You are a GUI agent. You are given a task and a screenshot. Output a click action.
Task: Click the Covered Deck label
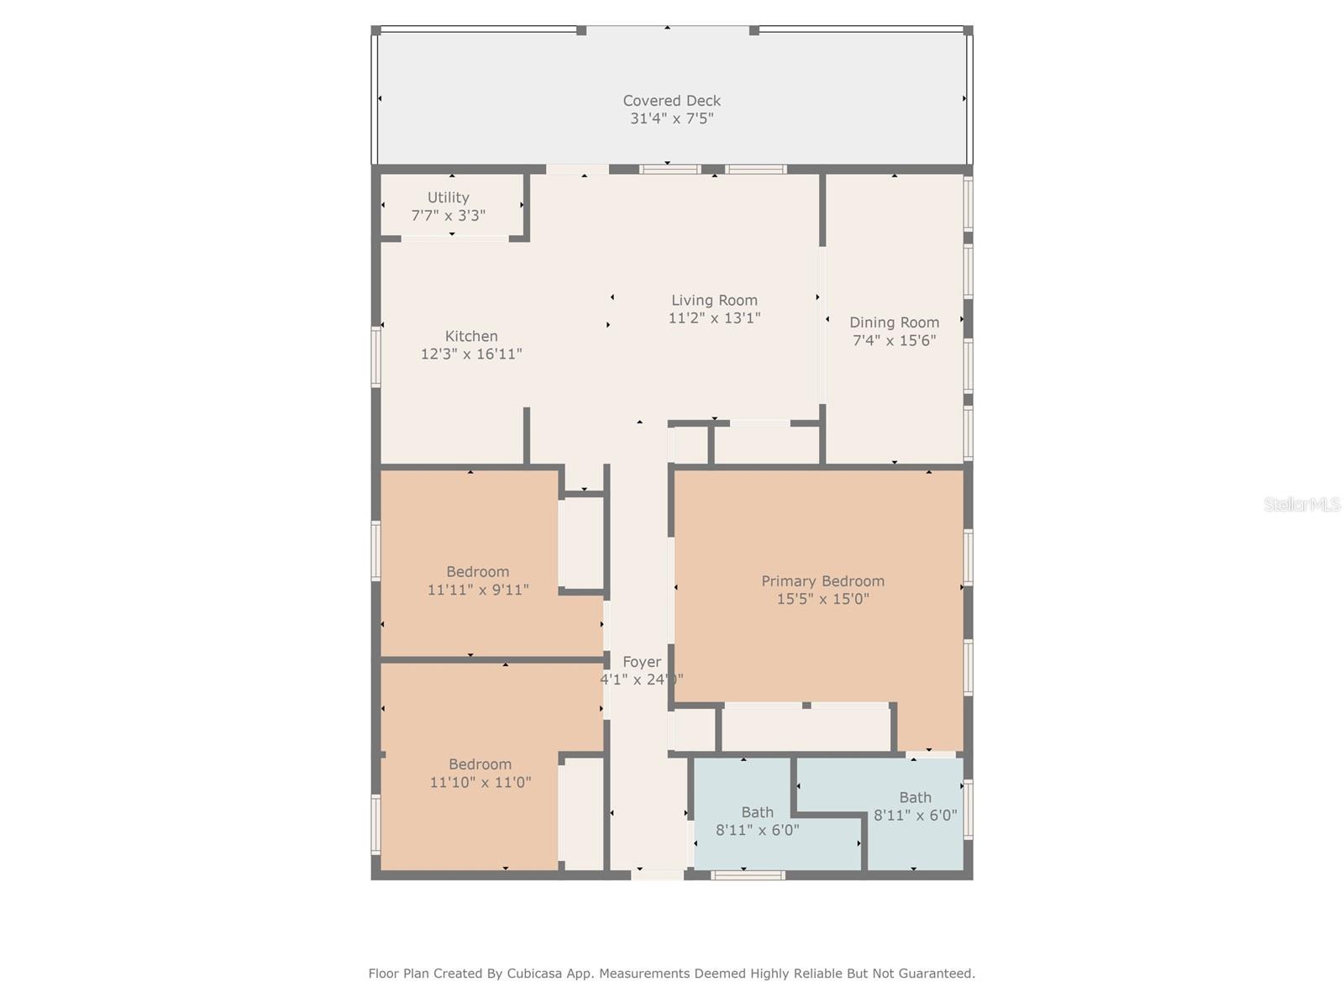(671, 101)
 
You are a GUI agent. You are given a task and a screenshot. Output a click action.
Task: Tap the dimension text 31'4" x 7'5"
(671, 118)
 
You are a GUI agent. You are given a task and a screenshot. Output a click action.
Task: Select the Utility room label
(448, 197)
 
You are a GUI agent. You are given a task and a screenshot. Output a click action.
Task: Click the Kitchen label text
(471, 336)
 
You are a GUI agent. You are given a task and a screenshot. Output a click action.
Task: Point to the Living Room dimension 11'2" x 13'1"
(714, 318)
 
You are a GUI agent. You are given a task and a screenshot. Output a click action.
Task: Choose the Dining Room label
(894, 323)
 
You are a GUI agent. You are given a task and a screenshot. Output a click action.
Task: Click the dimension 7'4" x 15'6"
(894, 340)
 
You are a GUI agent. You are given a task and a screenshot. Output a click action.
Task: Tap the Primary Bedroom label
(822, 581)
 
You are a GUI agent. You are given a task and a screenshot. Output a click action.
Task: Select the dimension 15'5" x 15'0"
(822, 599)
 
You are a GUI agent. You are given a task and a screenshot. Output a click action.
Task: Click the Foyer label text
(642, 662)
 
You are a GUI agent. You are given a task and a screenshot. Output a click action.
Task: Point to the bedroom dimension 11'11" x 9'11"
(478, 590)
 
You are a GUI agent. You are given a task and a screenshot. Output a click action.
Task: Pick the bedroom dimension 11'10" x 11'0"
(480, 782)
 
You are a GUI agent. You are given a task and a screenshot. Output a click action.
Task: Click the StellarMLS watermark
(1302, 504)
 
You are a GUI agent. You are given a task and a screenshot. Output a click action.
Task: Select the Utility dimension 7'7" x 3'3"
(448, 215)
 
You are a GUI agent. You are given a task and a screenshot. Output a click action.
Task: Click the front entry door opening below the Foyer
(657, 875)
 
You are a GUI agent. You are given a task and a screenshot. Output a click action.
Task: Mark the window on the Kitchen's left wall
(376, 356)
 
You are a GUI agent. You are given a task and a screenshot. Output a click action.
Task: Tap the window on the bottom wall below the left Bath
(748, 875)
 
